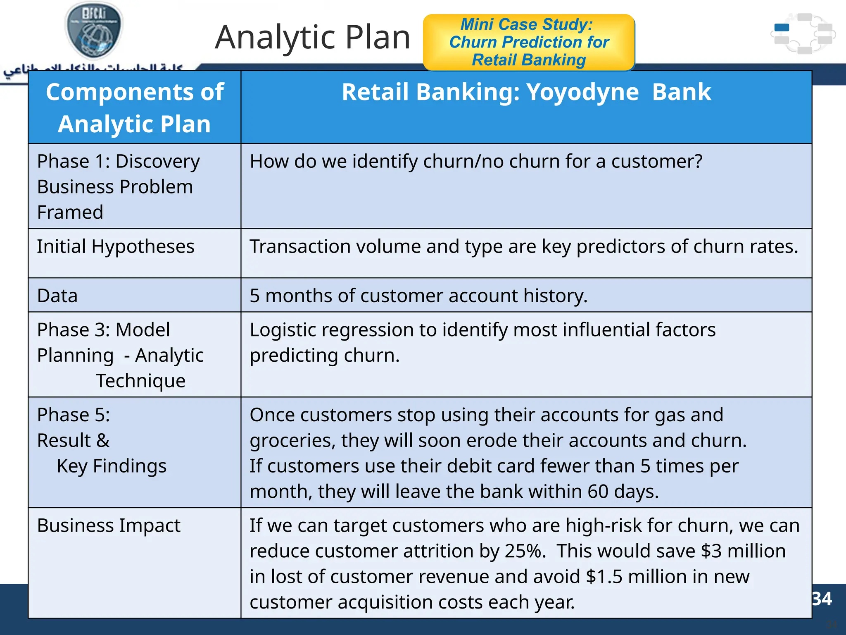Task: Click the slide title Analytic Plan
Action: click(312, 37)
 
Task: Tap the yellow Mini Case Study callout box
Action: click(529, 42)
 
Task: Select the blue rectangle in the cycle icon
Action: click(782, 28)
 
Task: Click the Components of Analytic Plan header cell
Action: click(135, 107)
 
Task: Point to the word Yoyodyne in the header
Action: click(582, 92)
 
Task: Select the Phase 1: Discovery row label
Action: click(118, 161)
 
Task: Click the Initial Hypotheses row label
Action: click(116, 246)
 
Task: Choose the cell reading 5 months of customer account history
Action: click(418, 296)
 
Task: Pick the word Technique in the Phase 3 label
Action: click(140, 381)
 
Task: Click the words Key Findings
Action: click(112, 466)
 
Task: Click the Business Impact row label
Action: click(109, 525)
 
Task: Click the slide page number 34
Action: click(822, 599)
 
